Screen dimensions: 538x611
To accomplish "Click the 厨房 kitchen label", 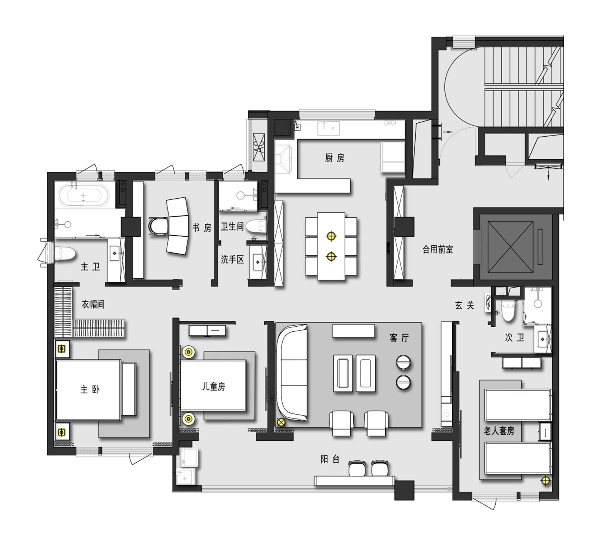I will point(334,158).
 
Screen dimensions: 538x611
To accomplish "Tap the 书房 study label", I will point(202,228).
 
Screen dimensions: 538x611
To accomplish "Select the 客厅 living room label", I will point(399,337).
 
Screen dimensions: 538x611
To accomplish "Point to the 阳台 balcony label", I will point(330,459).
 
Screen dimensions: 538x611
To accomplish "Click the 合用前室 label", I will point(437,249).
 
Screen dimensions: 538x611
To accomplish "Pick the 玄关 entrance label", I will point(465,305).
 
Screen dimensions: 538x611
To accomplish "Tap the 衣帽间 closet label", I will point(93,304).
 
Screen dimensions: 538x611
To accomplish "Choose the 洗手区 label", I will point(232,259).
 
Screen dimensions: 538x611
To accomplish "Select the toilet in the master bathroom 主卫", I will point(66,254).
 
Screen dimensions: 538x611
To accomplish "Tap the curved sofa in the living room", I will point(292,372).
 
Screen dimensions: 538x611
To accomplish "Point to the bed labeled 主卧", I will point(89,389).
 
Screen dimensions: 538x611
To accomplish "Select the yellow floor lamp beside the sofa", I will point(281,422).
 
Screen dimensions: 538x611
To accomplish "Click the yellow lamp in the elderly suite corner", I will point(545,481).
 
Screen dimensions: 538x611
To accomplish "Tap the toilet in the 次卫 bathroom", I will point(507,311).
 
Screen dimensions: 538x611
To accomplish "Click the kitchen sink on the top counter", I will point(328,128).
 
